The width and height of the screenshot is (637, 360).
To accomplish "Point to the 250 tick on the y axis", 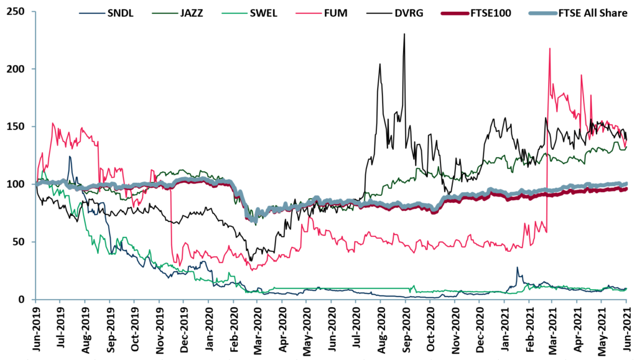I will point(17,11).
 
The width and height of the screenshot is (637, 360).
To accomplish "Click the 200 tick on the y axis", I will point(17,69).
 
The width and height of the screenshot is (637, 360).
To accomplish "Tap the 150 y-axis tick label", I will point(17,127).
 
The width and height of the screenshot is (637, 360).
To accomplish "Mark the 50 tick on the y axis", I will point(21,242).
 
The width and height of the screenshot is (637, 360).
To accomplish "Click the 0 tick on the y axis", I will point(24,300).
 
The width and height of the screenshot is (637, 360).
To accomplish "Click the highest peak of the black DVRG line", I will point(404,35).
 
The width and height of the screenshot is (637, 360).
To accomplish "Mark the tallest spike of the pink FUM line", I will point(549,48).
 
